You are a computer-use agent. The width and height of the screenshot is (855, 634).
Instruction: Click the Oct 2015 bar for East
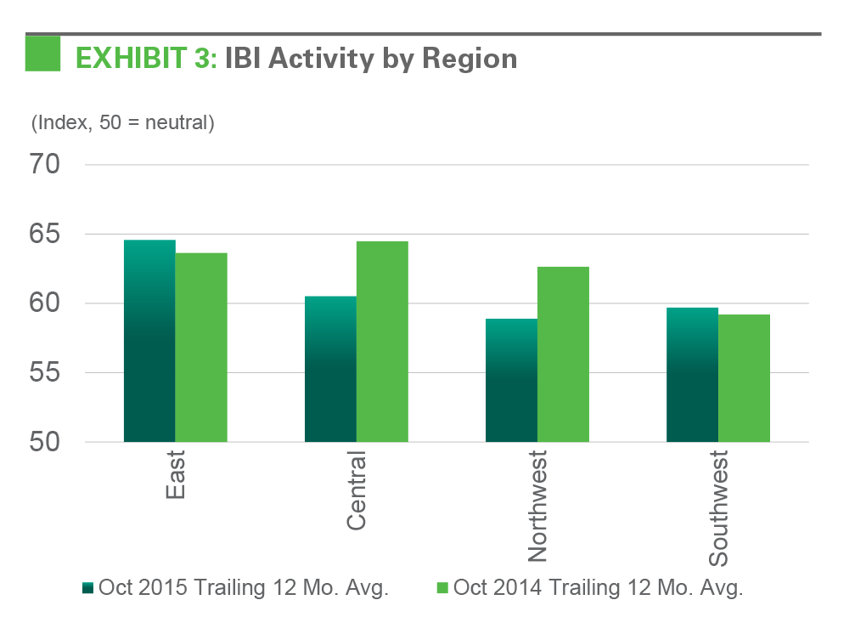[149, 341]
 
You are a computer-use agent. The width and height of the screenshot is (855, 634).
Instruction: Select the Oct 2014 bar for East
[201, 348]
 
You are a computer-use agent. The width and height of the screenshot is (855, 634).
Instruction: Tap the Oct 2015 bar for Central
[330, 369]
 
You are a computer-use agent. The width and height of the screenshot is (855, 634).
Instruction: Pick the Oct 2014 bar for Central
[382, 342]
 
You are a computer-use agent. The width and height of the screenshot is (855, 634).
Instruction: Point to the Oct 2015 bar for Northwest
[511, 380]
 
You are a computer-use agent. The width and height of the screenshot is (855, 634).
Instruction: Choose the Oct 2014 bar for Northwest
[563, 354]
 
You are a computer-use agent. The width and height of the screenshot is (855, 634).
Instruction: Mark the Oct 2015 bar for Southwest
[692, 375]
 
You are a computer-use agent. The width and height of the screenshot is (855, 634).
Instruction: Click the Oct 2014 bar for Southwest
[744, 378]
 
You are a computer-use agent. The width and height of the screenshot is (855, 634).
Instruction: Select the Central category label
[357, 492]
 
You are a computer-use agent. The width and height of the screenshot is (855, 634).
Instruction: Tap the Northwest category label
[537, 507]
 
